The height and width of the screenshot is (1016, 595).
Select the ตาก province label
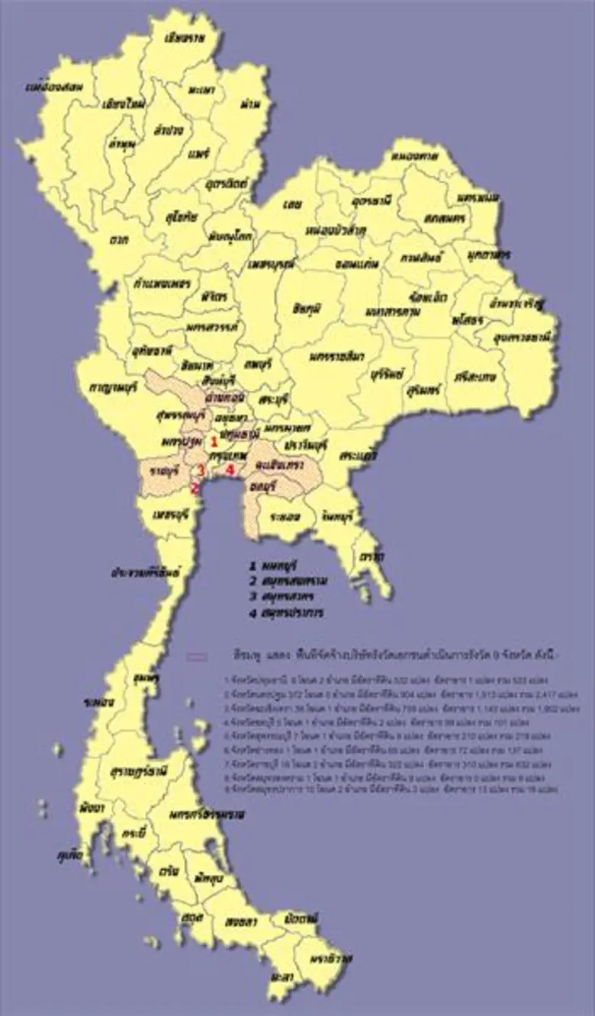click(x=117, y=241)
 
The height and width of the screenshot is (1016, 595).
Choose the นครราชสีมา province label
click(x=336, y=357)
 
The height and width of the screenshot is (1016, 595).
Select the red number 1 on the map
click(x=214, y=441)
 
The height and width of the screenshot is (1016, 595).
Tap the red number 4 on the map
click(x=230, y=470)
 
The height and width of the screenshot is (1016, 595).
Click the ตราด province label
click(x=372, y=557)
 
